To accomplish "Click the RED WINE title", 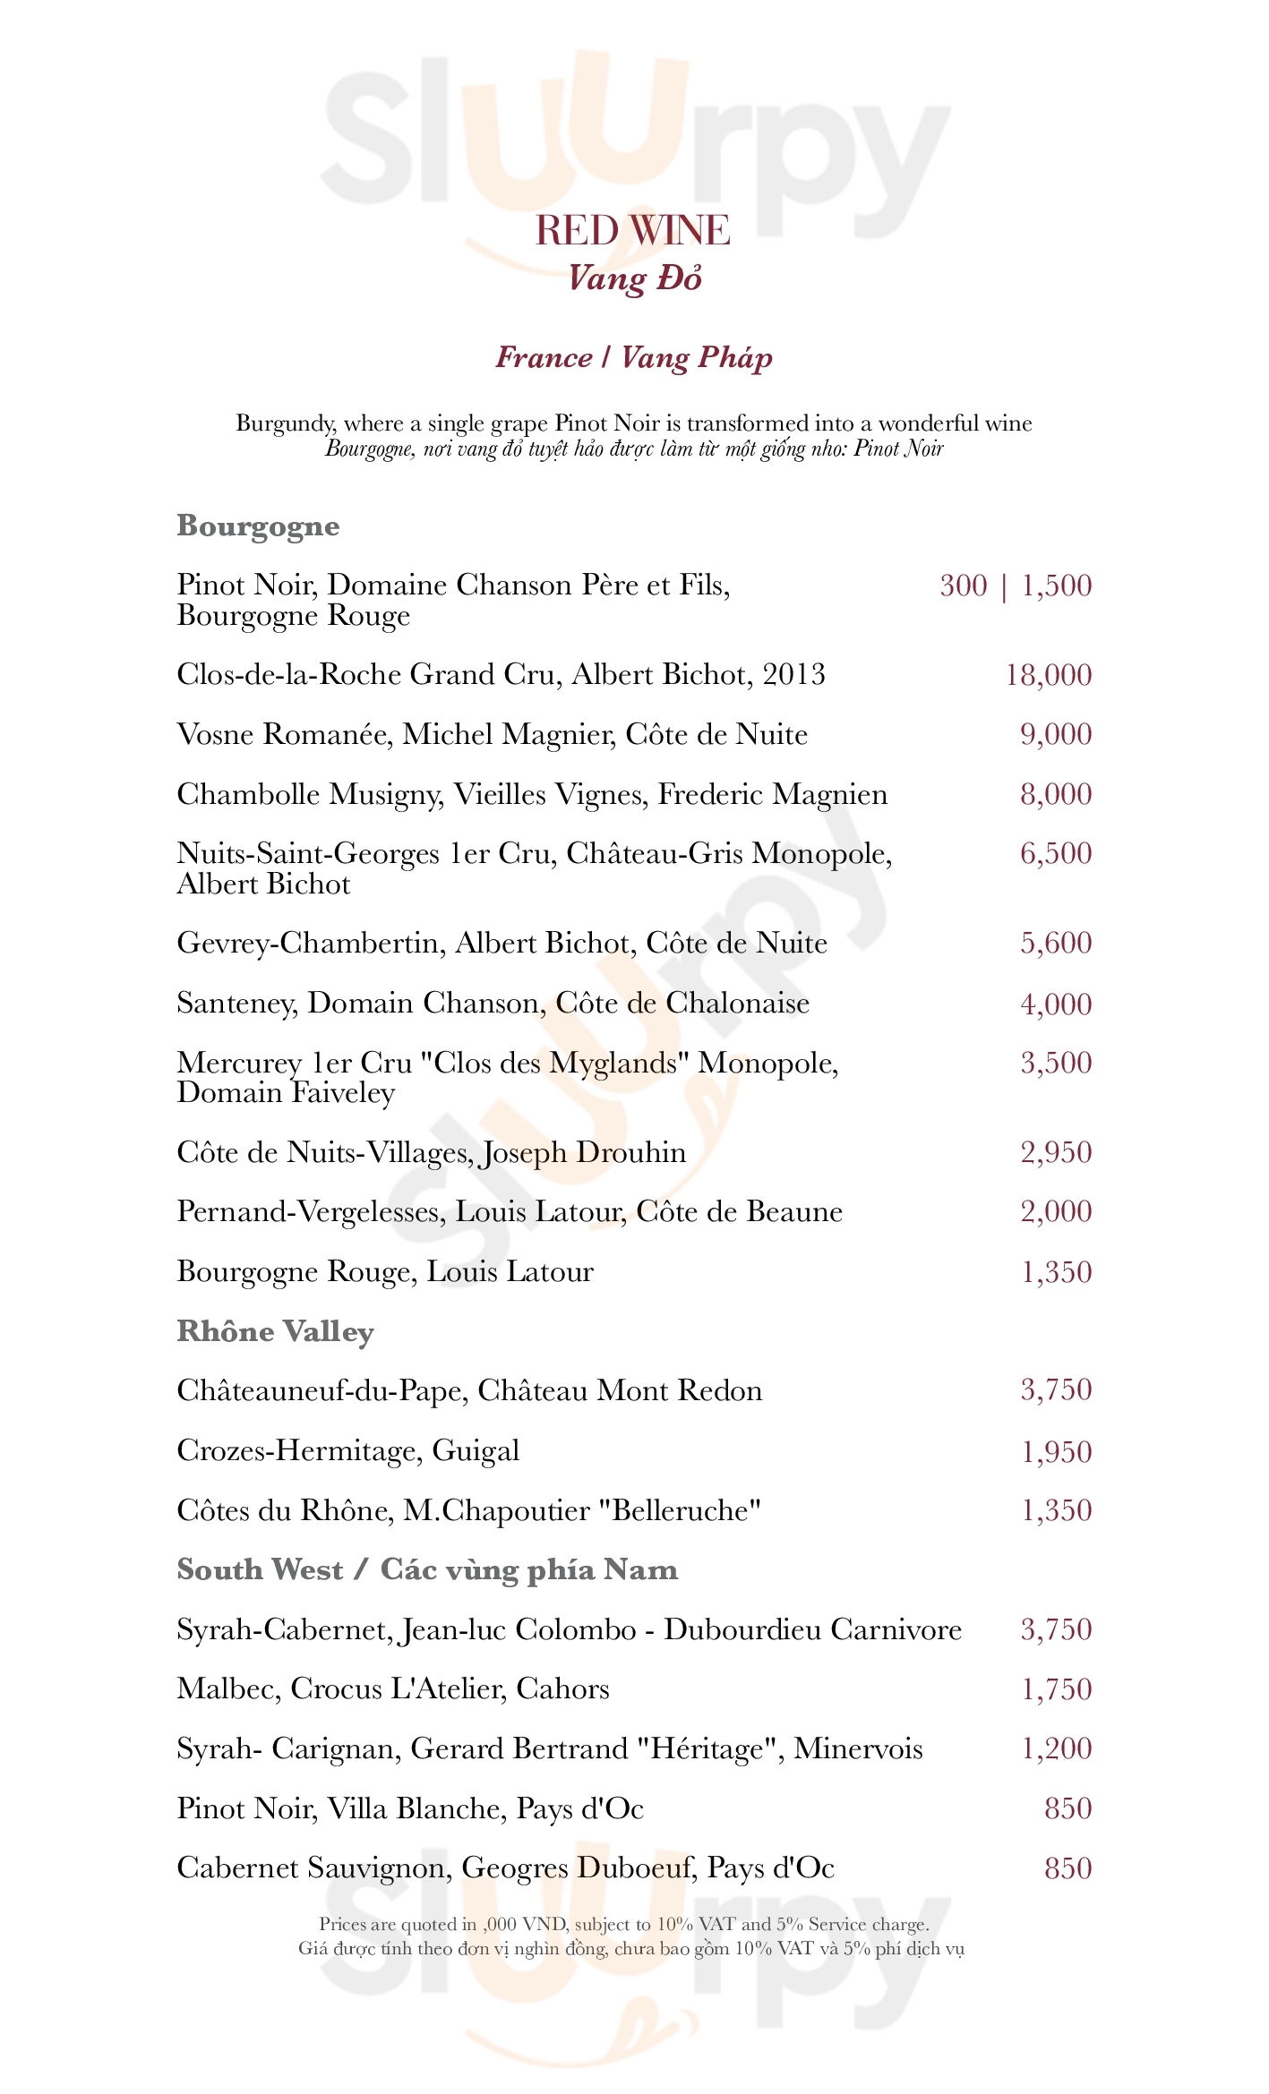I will (632, 231).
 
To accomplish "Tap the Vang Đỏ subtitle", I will (634, 278).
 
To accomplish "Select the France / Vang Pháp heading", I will (634, 357).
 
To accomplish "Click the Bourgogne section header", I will (258, 526).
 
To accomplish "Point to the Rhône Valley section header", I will (275, 1331).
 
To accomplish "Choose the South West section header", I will (260, 1569).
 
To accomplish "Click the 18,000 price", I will (1049, 675).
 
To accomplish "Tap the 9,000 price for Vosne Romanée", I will (1056, 734).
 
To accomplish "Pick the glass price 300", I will (963, 585).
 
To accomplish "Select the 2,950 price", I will (1056, 1152).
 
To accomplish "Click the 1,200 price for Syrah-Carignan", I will (1057, 1748).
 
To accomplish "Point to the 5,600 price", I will (1056, 943).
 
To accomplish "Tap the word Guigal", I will (476, 1450).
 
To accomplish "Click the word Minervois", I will (858, 1748).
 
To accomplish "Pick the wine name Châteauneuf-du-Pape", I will (320, 1390).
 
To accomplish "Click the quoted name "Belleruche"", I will (679, 1510).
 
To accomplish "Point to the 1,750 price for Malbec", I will (1057, 1689).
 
